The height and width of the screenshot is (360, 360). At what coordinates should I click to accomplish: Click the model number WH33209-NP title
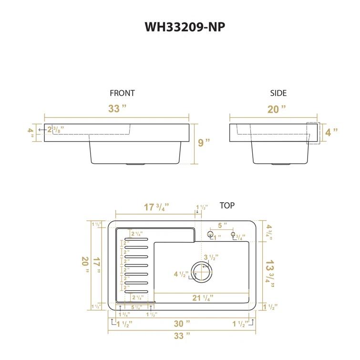click(x=185, y=27)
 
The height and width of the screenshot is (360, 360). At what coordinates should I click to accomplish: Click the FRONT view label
click(x=123, y=93)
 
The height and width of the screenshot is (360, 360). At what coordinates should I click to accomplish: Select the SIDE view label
click(x=278, y=93)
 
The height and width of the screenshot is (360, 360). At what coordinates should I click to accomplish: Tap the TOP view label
click(x=227, y=206)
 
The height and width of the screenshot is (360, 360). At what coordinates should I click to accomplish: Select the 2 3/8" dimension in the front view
click(x=55, y=129)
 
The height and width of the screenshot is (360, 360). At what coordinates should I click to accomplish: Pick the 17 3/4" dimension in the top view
click(x=156, y=207)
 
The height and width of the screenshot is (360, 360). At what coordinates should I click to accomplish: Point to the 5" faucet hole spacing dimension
click(x=223, y=225)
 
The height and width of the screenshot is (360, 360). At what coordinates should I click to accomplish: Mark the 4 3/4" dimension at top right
click(x=270, y=231)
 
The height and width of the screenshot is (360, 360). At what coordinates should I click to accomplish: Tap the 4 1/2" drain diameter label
click(x=182, y=274)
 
